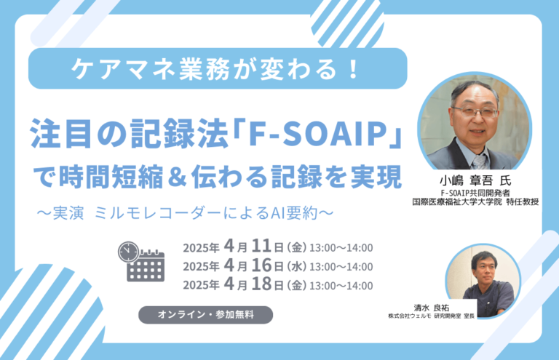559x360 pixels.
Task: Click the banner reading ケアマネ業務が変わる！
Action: pyautogui.click(x=218, y=68)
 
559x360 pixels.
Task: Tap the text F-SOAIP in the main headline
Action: pyautogui.click(x=318, y=134)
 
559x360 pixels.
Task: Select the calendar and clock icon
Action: pyautogui.click(x=141, y=262)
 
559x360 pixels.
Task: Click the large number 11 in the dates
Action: pyautogui.click(x=261, y=246)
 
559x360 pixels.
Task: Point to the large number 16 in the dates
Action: pyautogui.click(x=261, y=265)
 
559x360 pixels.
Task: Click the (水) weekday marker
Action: pyautogui.click(x=297, y=266)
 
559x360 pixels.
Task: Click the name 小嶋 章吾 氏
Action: pyautogui.click(x=475, y=181)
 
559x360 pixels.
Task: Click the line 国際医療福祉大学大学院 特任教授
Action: pyautogui.click(x=475, y=202)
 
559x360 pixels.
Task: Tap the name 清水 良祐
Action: pyautogui.click(x=432, y=308)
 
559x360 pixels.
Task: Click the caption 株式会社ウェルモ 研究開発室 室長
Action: pyautogui.click(x=432, y=316)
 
